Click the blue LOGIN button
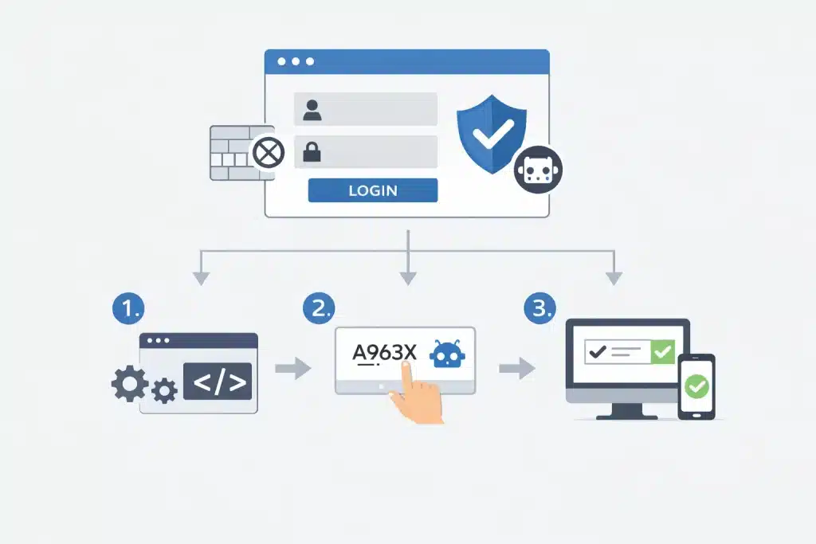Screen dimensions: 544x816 pos(372,190)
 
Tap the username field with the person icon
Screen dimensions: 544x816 pos(366,109)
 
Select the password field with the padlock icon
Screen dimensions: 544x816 pos(366,151)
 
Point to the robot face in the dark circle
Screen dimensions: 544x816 pos(538,169)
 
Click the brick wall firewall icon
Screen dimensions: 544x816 pos(231,152)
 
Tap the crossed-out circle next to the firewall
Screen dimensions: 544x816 pos(268,152)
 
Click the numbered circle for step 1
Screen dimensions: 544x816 pos(127,307)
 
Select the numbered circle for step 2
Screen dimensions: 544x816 pos(319,307)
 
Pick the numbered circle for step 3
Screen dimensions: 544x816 pos(539,307)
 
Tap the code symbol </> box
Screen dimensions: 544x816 pos(218,382)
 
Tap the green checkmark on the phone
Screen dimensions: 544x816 pos(696,387)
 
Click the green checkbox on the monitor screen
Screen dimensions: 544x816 pos(662,350)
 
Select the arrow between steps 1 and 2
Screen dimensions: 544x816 pos(292,369)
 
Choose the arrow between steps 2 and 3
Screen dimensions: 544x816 pos(516,369)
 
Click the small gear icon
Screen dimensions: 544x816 pos(164,390)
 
